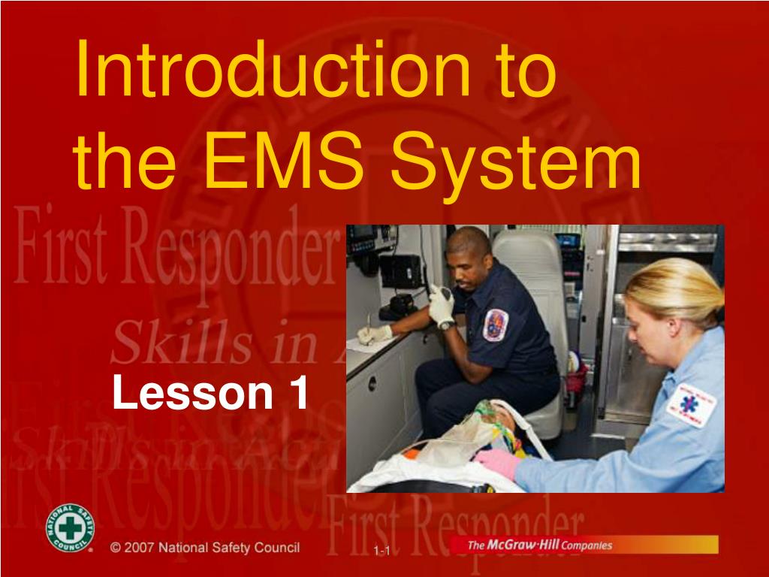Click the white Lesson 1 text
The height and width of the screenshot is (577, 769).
(210, 393)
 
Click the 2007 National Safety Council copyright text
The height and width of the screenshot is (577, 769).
(204, 547)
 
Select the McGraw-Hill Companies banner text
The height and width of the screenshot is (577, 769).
(539, 545)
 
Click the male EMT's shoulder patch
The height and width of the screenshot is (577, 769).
(495, 325)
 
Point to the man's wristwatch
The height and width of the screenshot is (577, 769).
(446, 324)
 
